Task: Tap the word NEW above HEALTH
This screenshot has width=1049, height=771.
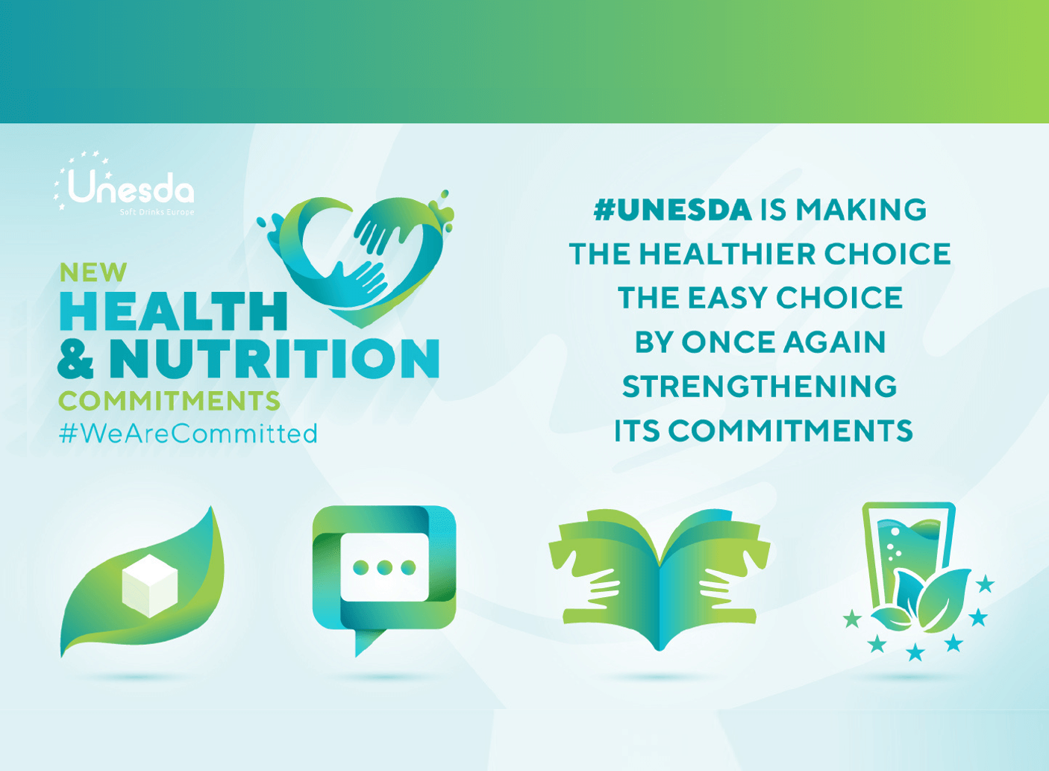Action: (x=93, y=273)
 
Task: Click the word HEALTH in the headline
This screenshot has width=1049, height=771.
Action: (x=173, y=311)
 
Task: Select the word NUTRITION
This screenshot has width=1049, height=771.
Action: (x=274, y=359)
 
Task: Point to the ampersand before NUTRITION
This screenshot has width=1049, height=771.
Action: (x=76, y=359)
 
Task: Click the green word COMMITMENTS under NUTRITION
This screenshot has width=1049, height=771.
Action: (x=169, y=402)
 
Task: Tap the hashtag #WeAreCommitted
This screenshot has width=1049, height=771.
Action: (x=188, y=434)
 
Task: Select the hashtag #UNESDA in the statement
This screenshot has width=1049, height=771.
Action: (x=672, y=210)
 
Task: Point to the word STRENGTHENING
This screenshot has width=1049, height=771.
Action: (x=760, y=387)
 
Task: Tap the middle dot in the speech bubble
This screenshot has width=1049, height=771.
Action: (x=384, y=568)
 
